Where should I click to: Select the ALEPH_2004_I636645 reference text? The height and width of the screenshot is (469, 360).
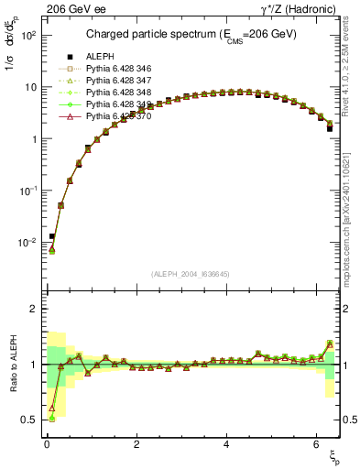click(x=191, y=273)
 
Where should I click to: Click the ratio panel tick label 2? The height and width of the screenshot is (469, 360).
click(x=31, y=309)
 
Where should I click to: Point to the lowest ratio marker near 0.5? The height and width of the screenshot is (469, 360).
click(x=51, y=419)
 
